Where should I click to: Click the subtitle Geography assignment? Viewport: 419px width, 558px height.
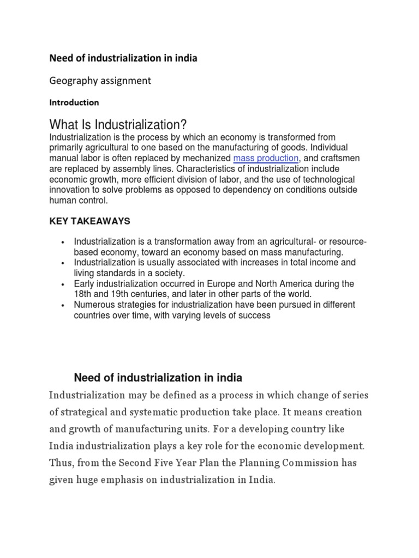click(x=100, y=81)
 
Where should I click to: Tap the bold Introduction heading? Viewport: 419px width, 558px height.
click(x=74, y=102)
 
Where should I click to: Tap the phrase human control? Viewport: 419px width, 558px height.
click(x=79, y=201)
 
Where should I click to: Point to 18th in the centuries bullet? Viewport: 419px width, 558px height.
click(x=82, y=294)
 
